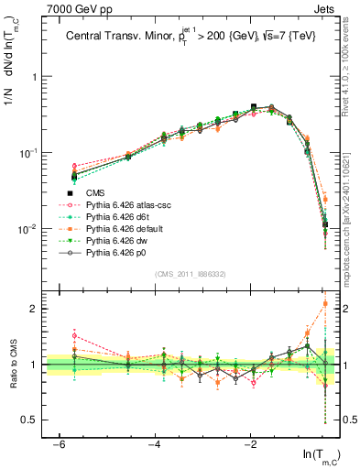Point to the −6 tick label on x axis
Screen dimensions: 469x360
[x=58, y=443]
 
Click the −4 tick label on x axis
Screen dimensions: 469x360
[x=154, y=443]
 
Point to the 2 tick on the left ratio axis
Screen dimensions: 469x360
[x=34, y=310]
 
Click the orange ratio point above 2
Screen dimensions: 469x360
[x=325, y=303]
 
